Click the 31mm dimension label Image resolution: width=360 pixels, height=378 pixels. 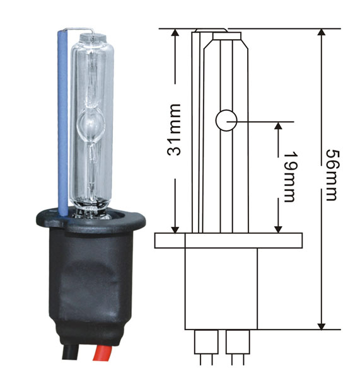click(x=174, y=129)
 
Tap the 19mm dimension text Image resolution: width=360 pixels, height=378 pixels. click(x=289, y=176)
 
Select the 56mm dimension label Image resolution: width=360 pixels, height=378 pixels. click(x=332, y=175)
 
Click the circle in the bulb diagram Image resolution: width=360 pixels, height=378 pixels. click(x=226, y=120)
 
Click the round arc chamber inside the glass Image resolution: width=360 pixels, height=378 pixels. click(x=91, y=123)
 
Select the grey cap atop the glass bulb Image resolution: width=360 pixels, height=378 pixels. click(x=93, y=38)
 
